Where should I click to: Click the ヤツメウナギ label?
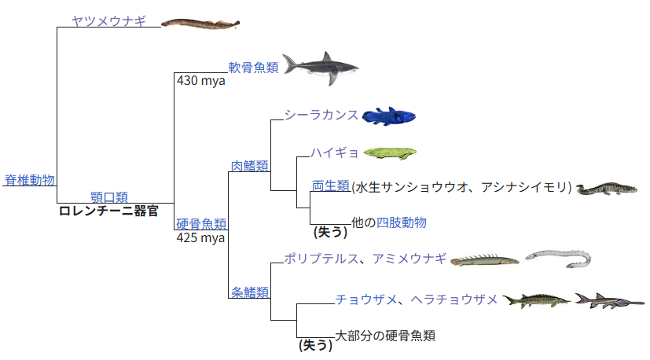click(x=108, y=21)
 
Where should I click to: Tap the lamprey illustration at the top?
click(x=200, y=23)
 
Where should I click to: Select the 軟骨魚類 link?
click(x=253, y=68)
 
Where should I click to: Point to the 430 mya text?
click(x=201, y=80)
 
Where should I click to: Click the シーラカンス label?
click(x=321, y=115)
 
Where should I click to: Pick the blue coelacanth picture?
click(x=388, y=116)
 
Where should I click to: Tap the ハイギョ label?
click(x=334, y=152)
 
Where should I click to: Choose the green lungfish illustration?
click(x=389, y=152)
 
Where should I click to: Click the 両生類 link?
click(x=330, y=186)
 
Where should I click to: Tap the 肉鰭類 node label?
click(x=250, y=166)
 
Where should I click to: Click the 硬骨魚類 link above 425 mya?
click(x=201, y=224)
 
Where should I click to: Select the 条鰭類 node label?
click(x=250, y=292)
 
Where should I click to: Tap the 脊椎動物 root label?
click(x=30, y=180)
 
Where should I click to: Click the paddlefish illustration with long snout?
click(x=608, y=301)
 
